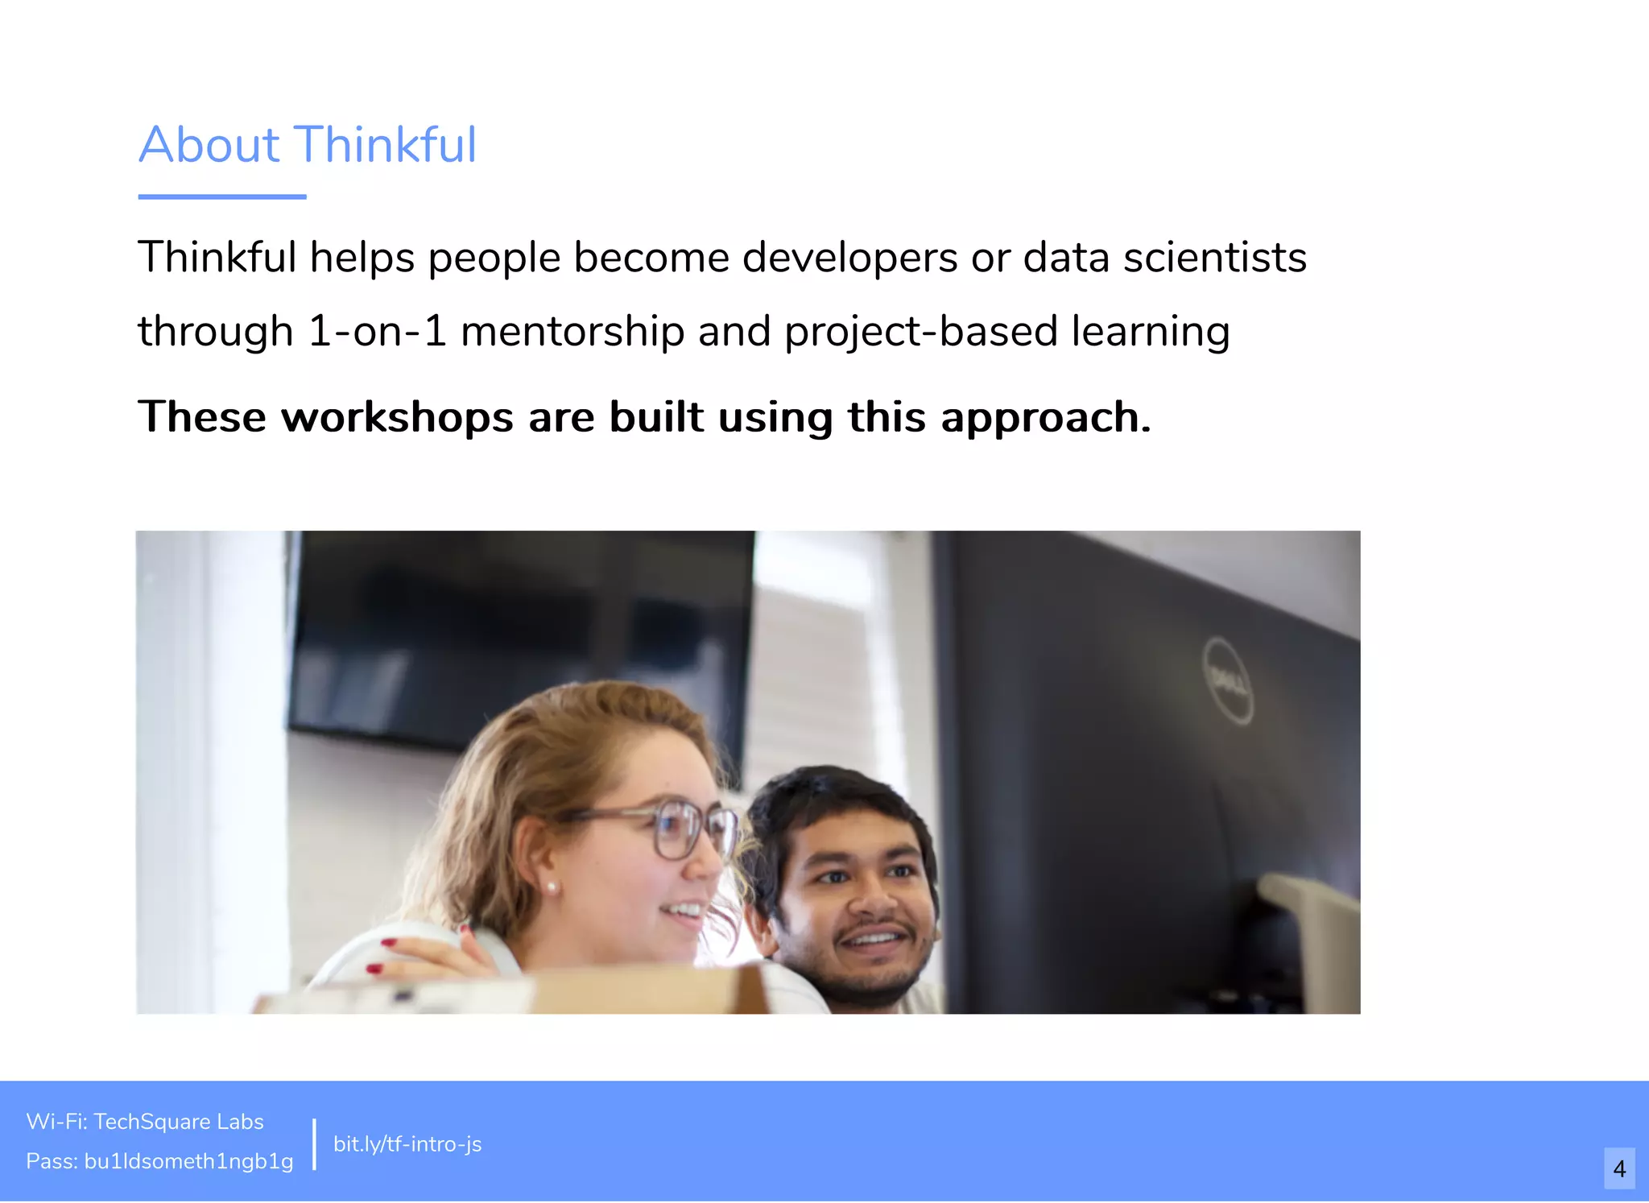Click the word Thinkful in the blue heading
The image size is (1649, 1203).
point(386,145)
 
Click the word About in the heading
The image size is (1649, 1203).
point(209,145)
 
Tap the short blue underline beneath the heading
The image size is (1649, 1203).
point(222,196)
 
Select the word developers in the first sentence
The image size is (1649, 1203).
point(849,258)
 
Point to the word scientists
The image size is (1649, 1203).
point(1214,258)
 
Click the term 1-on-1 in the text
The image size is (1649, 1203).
point(377,332)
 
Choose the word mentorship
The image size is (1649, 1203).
point(572,332)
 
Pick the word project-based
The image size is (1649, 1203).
point(920,332)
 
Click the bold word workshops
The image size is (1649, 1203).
point(397,417)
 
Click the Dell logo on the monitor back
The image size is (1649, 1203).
point(1227,681)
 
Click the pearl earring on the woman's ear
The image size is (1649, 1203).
point(552,887)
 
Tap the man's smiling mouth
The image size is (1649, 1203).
point(874,939)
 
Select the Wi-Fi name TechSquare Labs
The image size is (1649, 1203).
point(179,1122)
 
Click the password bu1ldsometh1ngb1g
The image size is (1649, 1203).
point(188,1161)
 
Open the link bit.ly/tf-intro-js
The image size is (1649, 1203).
point(407,1143)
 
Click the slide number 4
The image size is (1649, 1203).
point(1619,1168)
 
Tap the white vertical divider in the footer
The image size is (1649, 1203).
point(314,1143)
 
